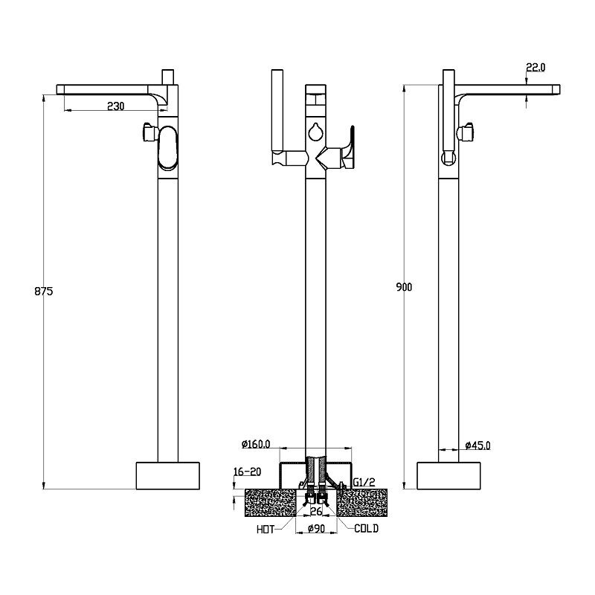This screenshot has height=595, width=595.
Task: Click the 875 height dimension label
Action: pos(44,292)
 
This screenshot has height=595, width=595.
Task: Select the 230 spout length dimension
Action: pos(116,106)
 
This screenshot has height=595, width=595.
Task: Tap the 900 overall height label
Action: pos(404,287)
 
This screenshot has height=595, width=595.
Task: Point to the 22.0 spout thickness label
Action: pos(535,68)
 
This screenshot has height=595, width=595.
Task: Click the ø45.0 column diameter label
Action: pos(477,445)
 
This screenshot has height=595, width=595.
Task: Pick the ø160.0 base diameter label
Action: pos(256,444)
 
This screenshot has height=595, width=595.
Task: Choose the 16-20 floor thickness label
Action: pos(248,472)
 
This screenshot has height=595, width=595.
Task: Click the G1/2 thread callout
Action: pos(364,482)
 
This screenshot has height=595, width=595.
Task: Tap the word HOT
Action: pos(266,530)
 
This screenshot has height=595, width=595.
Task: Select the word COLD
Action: pos(366,528)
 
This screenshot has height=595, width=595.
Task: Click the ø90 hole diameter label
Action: pos(317,528)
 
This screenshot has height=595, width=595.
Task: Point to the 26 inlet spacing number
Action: pos(316,512)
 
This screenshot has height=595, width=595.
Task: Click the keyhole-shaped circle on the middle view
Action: pos(315,132)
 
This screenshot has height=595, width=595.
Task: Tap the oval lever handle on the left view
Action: pos(167,148)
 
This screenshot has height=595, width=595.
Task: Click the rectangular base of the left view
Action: pos(168,476)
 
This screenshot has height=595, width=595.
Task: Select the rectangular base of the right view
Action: pos(448,476)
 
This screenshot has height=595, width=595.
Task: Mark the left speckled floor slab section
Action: pos(270,503)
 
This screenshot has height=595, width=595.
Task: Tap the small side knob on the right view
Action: pos(466,132)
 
